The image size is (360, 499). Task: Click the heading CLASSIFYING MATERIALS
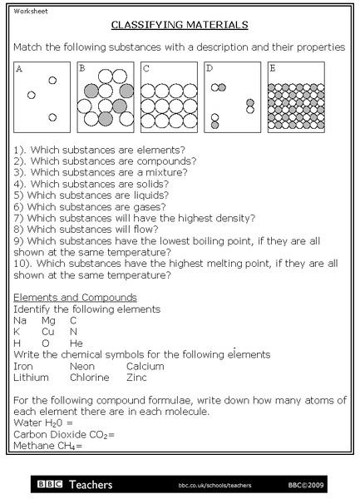point(180,26)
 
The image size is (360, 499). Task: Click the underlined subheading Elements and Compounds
point(76,298)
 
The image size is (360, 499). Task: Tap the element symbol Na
point(21,320)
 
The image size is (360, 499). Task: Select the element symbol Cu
point(48,331)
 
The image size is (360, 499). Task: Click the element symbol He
point(76,343)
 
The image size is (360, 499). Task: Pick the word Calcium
point(146,366)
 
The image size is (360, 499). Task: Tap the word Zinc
point(137,378)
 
